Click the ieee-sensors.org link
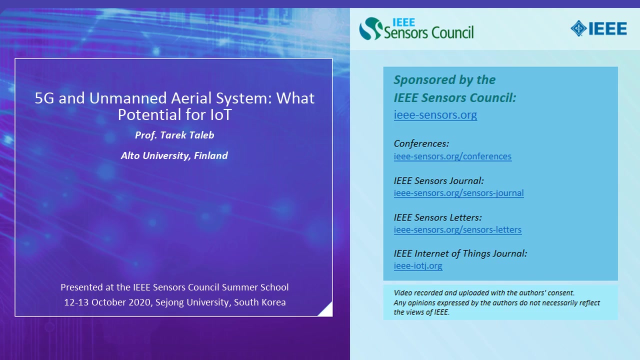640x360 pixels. [x=435, y=115]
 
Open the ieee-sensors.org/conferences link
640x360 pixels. [x=452, y=156]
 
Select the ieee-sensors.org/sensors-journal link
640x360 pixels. [x=458, y=193]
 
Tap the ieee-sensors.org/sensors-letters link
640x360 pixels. [x=457, y=229]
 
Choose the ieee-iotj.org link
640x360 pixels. [x=418, y=265]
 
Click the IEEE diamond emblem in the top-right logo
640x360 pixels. [x=578, y=28]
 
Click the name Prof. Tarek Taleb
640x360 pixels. [x=174, y=135]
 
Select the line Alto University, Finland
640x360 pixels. [x=174, y=155]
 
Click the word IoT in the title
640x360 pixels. [x=220, y=114]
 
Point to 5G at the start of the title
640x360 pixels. [x=44, y=98]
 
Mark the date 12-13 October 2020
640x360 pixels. [x=107, y=302]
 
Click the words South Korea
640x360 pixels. [x=259, y=302]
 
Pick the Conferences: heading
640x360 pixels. [x=421, y=143]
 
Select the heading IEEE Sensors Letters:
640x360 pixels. [x=437, y=217]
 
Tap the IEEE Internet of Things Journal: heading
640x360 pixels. [x=460, y=253]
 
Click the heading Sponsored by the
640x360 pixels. [x=444, y=79]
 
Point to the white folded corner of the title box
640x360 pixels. [x=327, y=311]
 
